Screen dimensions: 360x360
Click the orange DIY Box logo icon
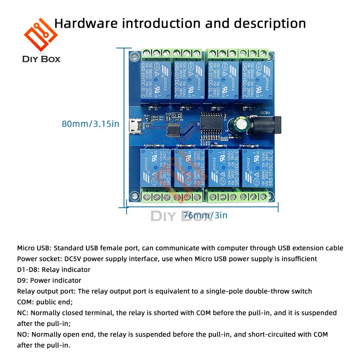click(x=41, y=35)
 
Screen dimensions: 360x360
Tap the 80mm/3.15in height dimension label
click(x=90, y=124)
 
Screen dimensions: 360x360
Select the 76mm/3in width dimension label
click(x=206, y=215)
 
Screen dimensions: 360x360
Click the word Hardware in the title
click(x=86, y=23)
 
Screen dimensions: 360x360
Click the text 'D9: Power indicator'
click(x=49, y=280)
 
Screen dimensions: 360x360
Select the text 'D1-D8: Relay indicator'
click(x=54, y=269)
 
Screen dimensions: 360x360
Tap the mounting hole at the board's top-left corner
click(x=134, y=56)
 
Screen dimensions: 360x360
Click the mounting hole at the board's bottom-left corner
click(x=134, y=195)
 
